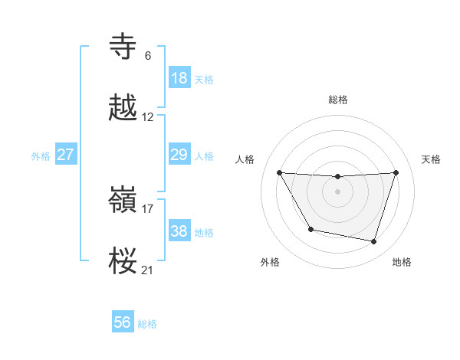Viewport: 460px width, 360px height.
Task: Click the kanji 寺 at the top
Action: (x=124, y=47)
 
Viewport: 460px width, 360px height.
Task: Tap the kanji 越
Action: (x=124, y=109)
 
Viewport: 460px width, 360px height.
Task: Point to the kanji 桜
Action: (x=124, y=261)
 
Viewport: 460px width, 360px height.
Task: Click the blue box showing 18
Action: (x=179, y=78)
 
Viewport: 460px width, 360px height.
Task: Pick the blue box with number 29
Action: (x=179, y=155)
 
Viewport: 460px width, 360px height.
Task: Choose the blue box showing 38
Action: (x=179, y=231)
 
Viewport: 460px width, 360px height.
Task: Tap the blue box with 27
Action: (x=66, y=155)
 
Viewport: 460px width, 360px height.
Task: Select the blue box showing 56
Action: (x=123, y=323)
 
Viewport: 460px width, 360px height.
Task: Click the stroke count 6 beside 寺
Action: (x=148, y=56)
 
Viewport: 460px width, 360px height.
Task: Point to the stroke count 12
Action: (x=148, y=117)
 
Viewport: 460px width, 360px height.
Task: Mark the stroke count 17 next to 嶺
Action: (x=148, y=208)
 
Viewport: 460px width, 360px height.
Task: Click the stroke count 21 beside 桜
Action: (x=148, y=270)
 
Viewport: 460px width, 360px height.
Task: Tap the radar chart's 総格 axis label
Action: (x=338, y=100)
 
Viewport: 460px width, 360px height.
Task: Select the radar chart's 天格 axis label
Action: (x=431, y=159)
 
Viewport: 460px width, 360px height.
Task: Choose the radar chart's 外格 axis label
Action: (x=270, y=262)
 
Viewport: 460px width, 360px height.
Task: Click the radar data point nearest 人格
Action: (x=279, y=172)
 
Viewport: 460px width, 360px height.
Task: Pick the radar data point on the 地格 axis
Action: (x=374, y=242)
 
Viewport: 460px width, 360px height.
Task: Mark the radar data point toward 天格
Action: (x=396, y=172)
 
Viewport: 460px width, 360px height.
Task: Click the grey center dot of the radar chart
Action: (x=338, y=191)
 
